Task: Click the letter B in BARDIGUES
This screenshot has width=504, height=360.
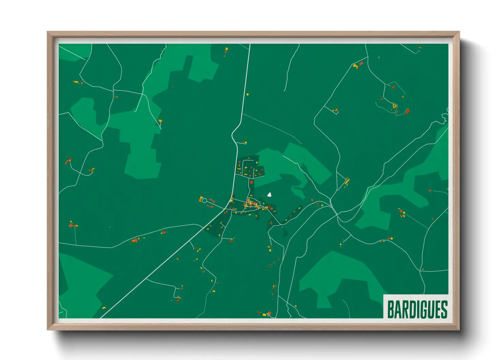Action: point(391,309)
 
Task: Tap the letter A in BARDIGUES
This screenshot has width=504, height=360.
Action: point(398,309)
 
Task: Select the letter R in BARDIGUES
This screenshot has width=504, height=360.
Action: point(405,309)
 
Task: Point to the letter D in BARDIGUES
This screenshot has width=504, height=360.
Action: point(412,309)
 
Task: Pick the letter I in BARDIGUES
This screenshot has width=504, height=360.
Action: point(418,309)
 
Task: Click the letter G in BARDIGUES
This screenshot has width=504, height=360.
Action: point(423,309)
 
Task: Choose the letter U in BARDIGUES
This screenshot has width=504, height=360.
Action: point(430,309)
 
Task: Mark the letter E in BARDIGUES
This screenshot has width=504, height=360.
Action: point(437,309)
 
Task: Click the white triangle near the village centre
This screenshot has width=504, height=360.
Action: point(269,195)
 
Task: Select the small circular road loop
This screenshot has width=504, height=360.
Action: point(204,201)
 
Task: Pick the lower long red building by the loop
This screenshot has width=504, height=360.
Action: point(210,206)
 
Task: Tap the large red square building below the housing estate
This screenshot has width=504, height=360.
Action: point(252,182)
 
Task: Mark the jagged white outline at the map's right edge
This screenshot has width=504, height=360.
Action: point(445,116)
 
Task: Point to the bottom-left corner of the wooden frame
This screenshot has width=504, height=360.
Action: point(48,329)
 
